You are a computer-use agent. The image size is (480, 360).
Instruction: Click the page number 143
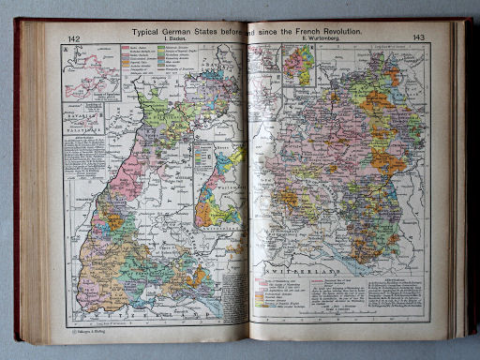(x=418, y=38)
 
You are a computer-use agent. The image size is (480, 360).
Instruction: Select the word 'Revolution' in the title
(x=335, y=31)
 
